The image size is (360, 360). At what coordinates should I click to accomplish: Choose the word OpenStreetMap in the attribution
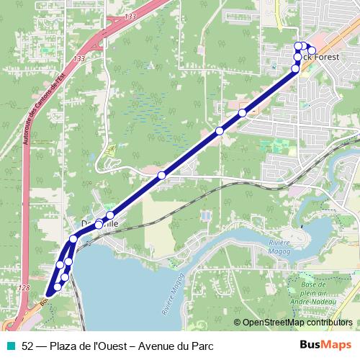pos(273,322)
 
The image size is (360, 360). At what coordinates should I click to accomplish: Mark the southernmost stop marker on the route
pos(58,287)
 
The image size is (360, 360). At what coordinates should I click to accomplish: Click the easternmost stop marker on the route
pos(312,50)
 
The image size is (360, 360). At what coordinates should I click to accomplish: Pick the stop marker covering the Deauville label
pos(99,225)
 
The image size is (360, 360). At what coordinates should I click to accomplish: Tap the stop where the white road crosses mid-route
pos(162,175)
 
